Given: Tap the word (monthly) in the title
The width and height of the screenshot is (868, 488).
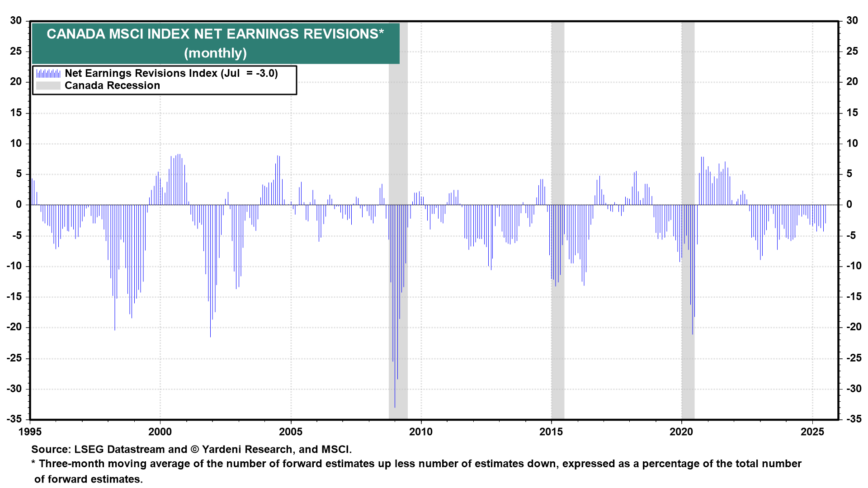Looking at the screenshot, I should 215,53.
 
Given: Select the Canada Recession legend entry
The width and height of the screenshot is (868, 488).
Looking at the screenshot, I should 112,86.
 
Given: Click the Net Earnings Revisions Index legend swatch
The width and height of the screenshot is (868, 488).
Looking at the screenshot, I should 48,73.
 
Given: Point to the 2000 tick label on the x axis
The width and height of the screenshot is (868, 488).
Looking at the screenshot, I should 160,432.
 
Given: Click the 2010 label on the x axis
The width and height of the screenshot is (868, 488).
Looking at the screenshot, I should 421,432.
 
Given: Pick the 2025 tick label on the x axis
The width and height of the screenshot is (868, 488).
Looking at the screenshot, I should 812,432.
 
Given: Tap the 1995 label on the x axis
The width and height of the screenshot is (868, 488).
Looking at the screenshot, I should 30,432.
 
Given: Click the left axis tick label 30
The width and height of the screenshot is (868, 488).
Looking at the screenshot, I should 16,20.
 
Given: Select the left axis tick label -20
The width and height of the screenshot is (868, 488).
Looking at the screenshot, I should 14,327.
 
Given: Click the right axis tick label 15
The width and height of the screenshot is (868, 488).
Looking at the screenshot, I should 852,113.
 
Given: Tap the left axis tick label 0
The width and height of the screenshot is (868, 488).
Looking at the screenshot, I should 19,205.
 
